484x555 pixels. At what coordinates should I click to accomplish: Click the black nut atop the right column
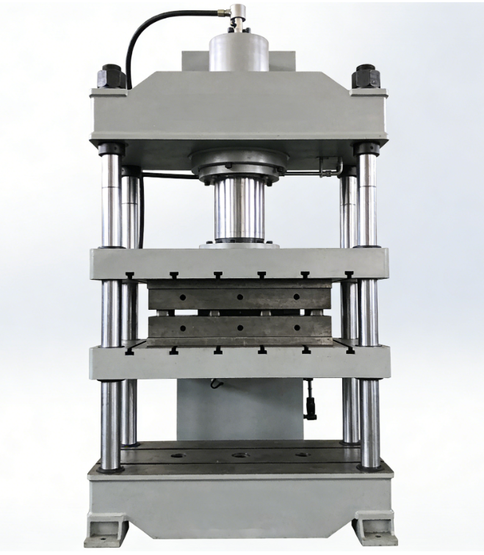tap(366, 74)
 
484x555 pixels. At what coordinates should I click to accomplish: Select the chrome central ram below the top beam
tap(238, 209)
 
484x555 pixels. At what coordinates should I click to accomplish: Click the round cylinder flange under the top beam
tap(238, 165)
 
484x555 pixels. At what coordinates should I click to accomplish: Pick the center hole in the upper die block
tap(239, 297)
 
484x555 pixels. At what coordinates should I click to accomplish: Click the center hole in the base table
tap(239, 456)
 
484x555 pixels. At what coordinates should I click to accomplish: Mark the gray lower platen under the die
tap(239, 361)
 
